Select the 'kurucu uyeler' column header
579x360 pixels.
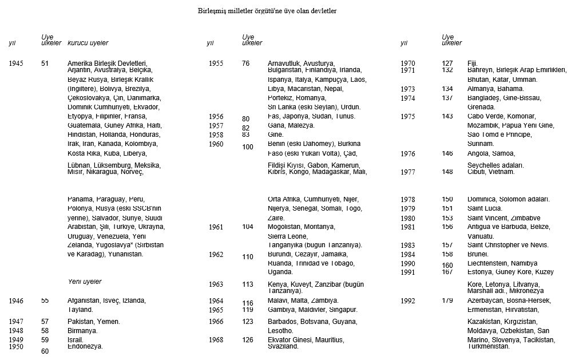tap(88, 43)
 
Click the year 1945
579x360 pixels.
tap(17, 64)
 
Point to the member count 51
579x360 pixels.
tap(45, 64)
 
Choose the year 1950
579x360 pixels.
tap(17, 346)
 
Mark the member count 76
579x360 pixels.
tap(246, 64)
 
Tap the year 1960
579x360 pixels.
tap(216, 144)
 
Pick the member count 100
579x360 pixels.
tap(248, 147)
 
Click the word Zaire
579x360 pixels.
tap(276, 218)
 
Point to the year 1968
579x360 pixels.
tap(216, 340)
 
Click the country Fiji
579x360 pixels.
tap(472, 64)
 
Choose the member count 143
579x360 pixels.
tap(447, 116)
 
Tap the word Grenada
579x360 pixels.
tap(481, 107)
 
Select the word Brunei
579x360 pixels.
tap(478, 254)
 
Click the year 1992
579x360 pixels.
tap(408, 301)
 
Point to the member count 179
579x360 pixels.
tap(447, 300)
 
